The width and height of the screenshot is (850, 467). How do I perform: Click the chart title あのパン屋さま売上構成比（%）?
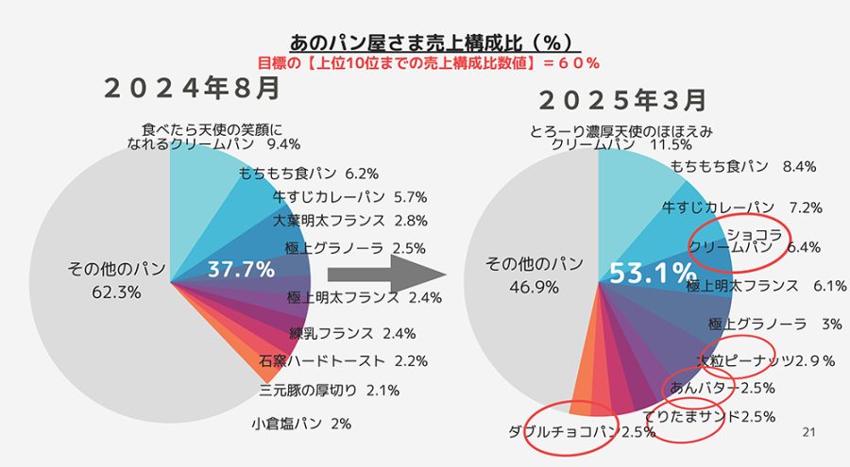[x=433, y=43]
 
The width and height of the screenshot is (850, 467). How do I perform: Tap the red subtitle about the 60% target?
[x=429, y=62]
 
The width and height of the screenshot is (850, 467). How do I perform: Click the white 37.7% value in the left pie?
[x=241, y=269]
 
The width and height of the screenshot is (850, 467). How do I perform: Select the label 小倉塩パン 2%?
[x=301, y=424]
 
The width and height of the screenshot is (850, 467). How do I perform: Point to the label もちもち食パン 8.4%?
[x=743, y=166]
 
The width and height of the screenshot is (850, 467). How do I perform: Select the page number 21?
[x=807, y=432]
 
